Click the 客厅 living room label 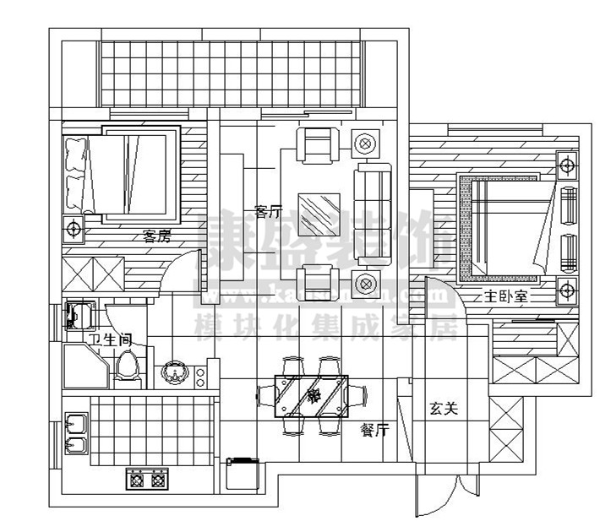(x=266, y=211)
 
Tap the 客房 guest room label (x=156, y=236)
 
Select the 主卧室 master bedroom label (x=505, y=297)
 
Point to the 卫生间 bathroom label (x=109, y=339)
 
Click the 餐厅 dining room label (x=374, y=429)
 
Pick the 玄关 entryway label (x=443, y=410)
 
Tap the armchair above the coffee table (x=319, y=145)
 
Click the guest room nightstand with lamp (x=74, y=228)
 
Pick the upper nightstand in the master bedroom (x=565, y=163)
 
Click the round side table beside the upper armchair (x=364, y=144)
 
